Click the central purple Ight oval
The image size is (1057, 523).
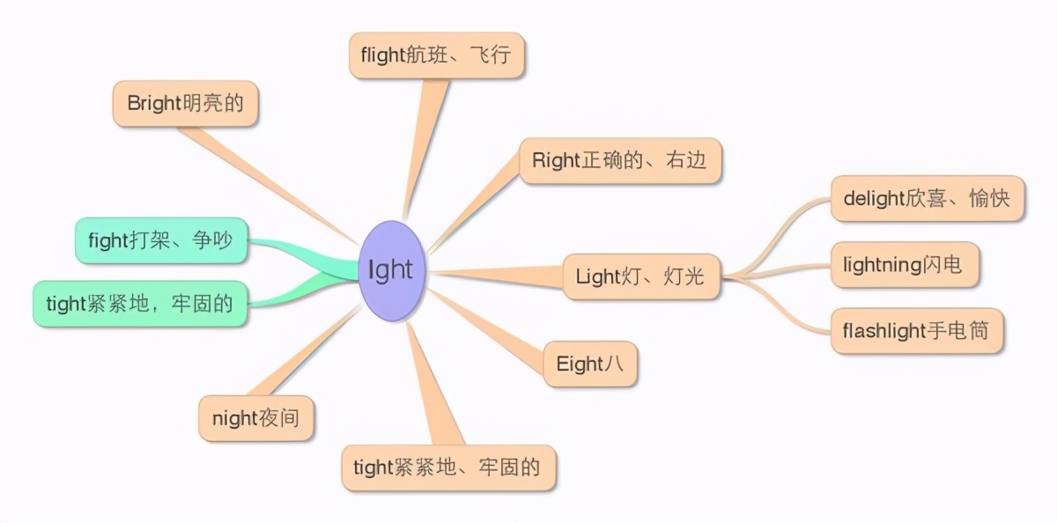[x=391, y=271]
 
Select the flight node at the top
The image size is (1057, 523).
[x=437, y=55]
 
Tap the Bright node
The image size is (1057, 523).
[x=185, y=103]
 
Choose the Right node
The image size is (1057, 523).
[x=620, y=160]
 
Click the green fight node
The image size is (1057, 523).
[x=161, y=240]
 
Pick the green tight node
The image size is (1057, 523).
[x=140, y=304]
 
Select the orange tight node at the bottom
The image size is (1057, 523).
[x=448, y=468]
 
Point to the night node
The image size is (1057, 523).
[x=255, y=418]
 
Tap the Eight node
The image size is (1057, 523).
[x=590, y=364]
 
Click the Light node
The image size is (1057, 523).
[x=641, y=276]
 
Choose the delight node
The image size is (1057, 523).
[x=928, y=198]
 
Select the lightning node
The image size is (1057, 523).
[x=905, y=264]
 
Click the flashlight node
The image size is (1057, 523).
[x=916, y=330]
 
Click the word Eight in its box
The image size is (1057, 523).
[x=580, y=364]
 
